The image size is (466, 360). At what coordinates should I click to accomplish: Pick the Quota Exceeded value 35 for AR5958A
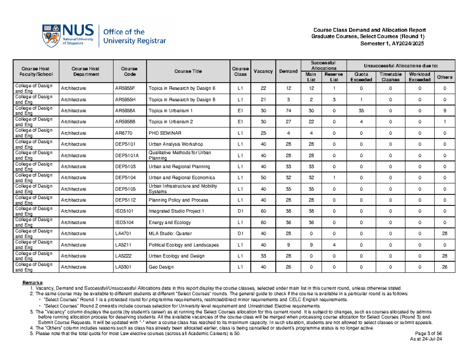pyautogui.click(x=361, y=110)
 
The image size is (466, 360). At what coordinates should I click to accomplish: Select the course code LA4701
pyautogui.click(x=122, y=233)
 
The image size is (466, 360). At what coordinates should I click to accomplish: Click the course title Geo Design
pyautogui.click(x=161, y=267)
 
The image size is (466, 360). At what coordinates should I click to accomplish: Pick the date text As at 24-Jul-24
pyautogui.click(x=426, y=339)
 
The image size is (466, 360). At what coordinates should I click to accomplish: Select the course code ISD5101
pyautogui.click(x=123, y=211)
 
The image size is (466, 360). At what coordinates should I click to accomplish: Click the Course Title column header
pyautogui.click(x=188, y=71)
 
